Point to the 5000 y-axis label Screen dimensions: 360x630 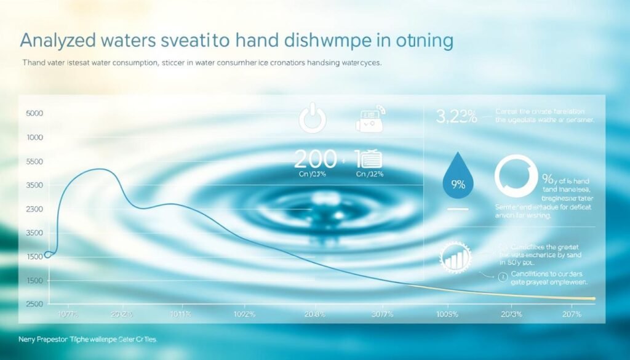tap(34, 114)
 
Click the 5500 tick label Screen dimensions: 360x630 tap(34, 161)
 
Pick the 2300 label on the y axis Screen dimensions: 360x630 tap(34, 209)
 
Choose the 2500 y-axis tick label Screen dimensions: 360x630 tap(34, 304)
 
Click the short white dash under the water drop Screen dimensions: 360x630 tap(458, 209)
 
